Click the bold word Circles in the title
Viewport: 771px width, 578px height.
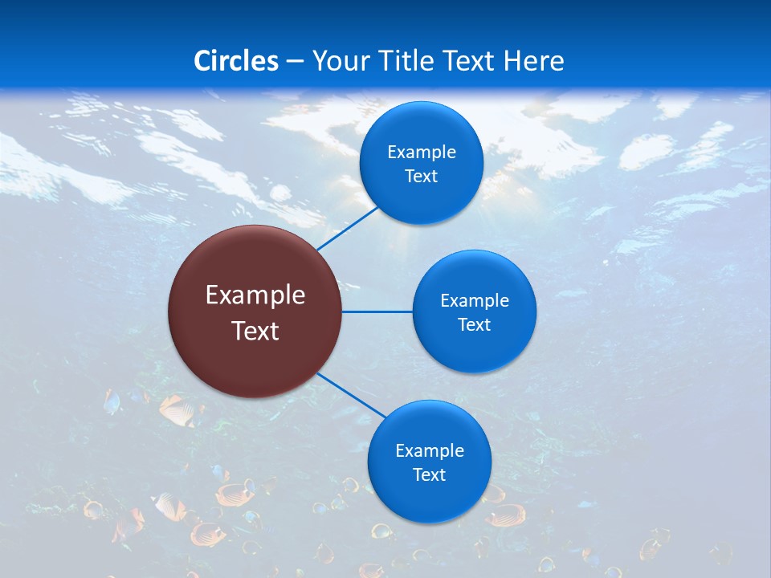tap(236, 61)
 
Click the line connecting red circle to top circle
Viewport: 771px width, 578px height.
tap(347, 228)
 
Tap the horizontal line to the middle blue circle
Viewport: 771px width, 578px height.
tap(377, 311)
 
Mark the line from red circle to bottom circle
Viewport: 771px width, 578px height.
tap(352, 395)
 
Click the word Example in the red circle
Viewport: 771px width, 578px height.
tap(255, 295)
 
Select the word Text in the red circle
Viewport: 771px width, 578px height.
tap(255, 331)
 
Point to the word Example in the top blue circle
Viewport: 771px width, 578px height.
tap(422, 153)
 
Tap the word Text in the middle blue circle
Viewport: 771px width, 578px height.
tap(474, 325)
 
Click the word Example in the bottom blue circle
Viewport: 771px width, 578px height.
tap(430, 451)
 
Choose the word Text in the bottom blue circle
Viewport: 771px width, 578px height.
tap(429, 475)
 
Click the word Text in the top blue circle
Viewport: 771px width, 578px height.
tap(421, 177)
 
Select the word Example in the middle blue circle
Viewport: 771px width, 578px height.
tap(475, 301)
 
